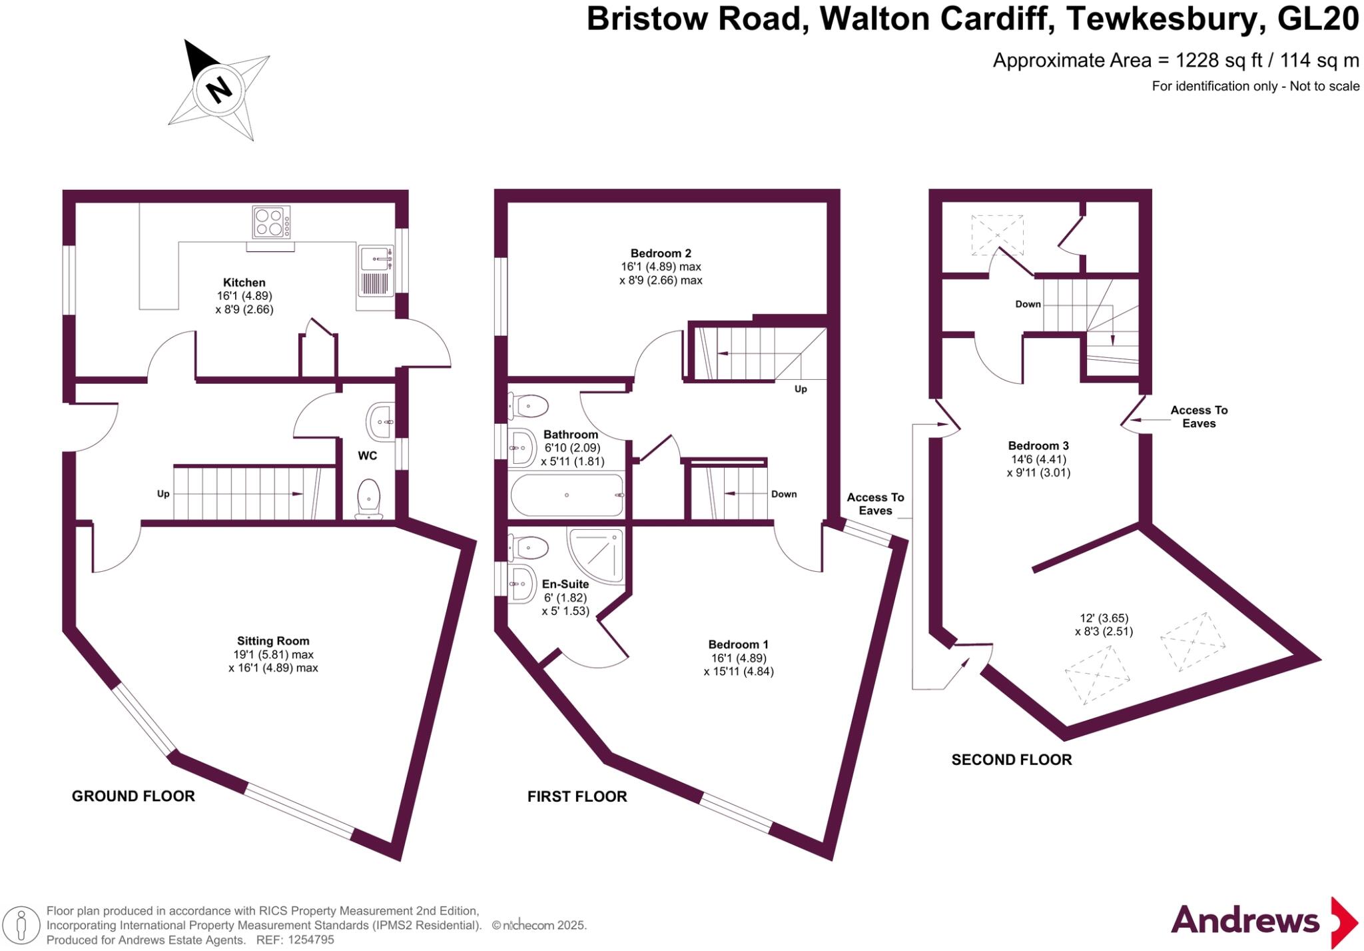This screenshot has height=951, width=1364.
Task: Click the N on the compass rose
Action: point(218,89)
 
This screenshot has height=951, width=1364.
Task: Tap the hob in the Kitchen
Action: point(271,222)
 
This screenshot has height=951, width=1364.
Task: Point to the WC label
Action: point(368,456)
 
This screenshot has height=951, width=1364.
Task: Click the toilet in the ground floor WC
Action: point(368,498)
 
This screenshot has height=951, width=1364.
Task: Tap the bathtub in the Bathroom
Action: point(567,495)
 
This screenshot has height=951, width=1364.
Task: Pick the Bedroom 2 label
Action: point(661,253)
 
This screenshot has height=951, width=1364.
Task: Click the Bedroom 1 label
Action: point(738,644)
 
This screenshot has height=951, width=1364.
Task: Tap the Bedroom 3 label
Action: point(1038,446)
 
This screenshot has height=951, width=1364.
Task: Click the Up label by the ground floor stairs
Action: point(163,494)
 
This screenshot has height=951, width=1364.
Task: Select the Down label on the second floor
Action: point(1028,304)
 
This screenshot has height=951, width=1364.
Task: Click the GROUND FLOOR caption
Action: point(133,796)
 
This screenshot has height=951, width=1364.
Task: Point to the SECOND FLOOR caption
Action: point(1011,760)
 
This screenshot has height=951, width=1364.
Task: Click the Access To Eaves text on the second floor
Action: point(1198,417)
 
